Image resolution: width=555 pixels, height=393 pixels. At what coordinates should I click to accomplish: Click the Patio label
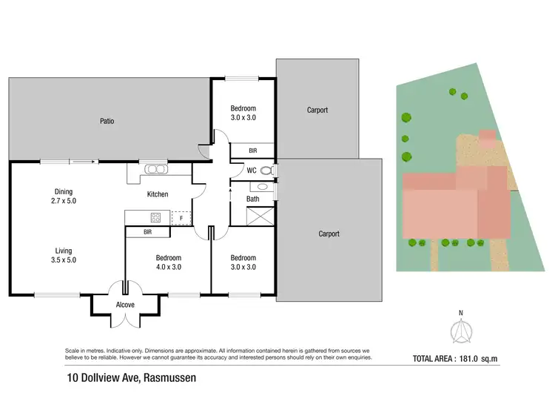click(107, 121)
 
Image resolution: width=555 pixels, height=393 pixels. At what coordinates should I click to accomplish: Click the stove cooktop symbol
click(156, 217)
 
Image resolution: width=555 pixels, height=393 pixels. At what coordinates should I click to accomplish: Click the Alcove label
click(125, 304)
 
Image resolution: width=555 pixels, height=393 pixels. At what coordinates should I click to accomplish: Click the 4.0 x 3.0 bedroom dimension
click(168, 267)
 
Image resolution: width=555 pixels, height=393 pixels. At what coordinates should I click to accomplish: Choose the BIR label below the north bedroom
click(253, 151)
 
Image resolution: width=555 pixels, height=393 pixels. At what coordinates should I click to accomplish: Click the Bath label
click(253, 199)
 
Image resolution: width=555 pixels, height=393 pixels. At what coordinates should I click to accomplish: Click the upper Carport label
click(317, 110)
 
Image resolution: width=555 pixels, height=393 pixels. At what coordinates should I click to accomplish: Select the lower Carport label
click(329, 234)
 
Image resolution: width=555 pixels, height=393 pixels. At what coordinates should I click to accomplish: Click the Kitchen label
click(158, 194)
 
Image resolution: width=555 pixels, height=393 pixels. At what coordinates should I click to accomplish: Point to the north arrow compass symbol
click(460, 332)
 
